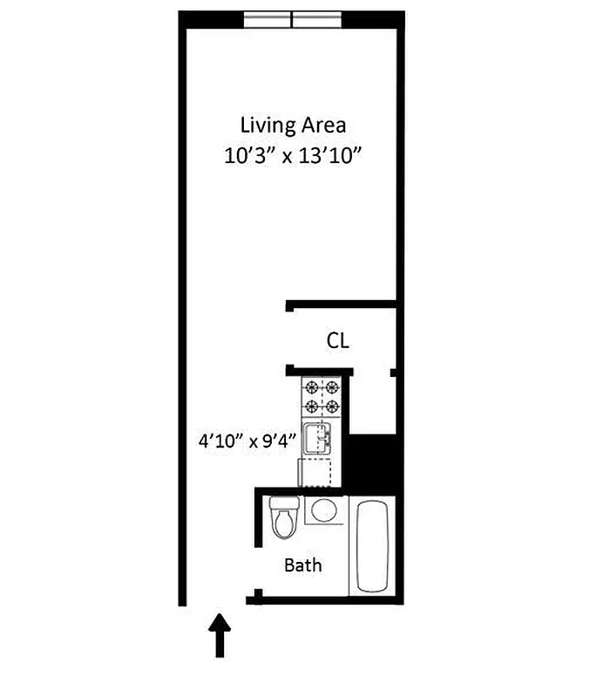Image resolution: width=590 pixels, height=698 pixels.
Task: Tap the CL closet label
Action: [338, 341]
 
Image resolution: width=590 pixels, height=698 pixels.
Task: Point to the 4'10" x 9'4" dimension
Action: [248, 440]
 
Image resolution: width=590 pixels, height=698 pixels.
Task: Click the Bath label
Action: [303, 565]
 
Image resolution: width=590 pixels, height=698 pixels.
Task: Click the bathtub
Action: [373, 545]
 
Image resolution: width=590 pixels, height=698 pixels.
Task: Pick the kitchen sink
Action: [317, 438]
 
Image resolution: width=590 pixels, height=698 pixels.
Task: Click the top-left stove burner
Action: [312, 388]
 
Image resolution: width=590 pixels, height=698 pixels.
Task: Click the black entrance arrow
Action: [220, 634]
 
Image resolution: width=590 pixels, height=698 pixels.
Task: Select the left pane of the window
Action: [267, 19]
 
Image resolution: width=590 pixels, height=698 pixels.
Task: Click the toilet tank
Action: [284, 503]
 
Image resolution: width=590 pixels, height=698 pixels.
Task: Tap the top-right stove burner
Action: [331, 388]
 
